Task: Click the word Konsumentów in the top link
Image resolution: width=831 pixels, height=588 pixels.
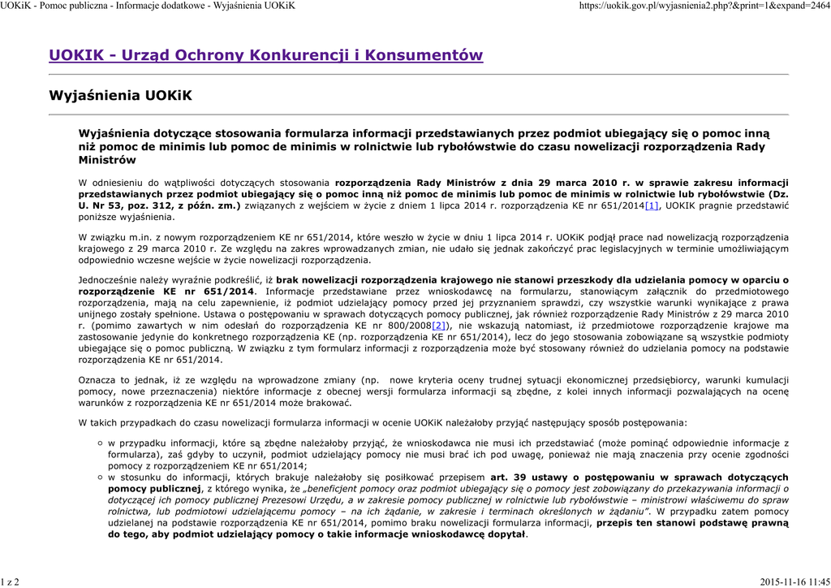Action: [x=423, y=55]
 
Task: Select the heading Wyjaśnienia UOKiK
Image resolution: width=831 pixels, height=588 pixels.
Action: [x=121, y=96]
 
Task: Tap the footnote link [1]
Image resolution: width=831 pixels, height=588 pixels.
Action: [x=652, y=206]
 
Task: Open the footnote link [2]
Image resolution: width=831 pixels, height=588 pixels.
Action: [x=439, y=325]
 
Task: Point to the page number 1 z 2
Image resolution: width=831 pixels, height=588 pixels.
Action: [x=11, y=582]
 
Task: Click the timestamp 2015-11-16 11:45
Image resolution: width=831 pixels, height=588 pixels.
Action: [x=794, y=582]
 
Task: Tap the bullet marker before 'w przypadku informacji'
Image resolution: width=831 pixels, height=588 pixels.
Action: [x=98, y=443]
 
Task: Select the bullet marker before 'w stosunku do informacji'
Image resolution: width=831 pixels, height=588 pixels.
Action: [x=98, y=477]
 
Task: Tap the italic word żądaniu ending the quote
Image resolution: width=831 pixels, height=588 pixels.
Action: [x=626, y=512]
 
